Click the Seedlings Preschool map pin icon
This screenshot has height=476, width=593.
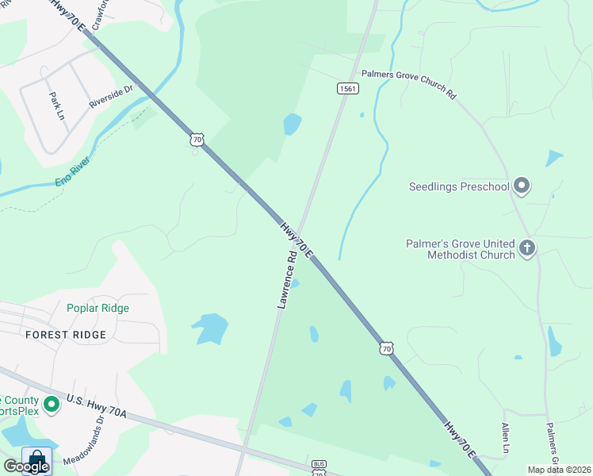[521, 186]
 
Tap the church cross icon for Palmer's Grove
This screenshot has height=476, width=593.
[527, 249]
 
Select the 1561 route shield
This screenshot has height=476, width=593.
[347, 88]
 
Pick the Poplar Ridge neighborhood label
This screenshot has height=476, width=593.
[98, 308]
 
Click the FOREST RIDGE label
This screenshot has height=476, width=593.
[66, 335]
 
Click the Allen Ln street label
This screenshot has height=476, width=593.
[505, 439]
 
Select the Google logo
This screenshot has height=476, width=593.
[26, 466]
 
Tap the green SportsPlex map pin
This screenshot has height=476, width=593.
[52, 405]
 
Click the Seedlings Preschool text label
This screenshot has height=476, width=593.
[459, 187]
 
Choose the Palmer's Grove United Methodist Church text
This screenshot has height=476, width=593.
[460, 249]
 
